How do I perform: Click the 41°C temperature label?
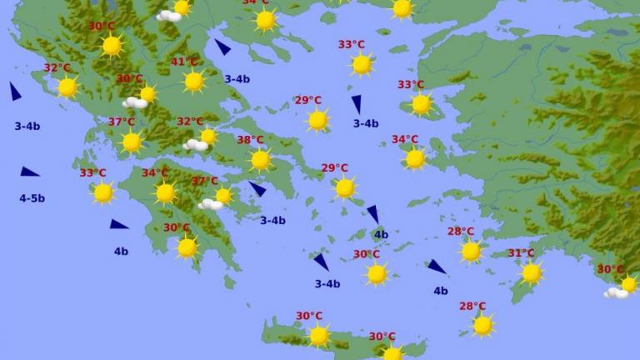click(x=184, y=62)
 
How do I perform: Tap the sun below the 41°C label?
click(x=194, y=81)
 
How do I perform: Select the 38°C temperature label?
click(x=250, y=140)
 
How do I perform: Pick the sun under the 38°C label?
click(x=261, y=159)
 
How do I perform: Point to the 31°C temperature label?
click(x=521, y=253)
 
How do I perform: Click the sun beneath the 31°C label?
click(x=531, y=272)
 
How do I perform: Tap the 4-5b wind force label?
click(x=32, y=198)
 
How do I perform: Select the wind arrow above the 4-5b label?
click(x=29, y=172)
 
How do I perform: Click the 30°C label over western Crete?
click(x=308, y=316)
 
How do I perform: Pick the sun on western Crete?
click(x=319, y=335)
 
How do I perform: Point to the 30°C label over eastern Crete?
click(x=382, y=337)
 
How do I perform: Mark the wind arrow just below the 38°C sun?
click(x=257, y=189)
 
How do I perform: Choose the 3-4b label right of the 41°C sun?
click(x=237, y=79)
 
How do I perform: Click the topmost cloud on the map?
click(x=168, y=15)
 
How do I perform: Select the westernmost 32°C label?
click(x=57, y=68)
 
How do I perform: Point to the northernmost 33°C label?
click(x=351, y=45)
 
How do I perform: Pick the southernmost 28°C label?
click(x=472, y=306)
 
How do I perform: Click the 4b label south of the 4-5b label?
click(x=121, y=251)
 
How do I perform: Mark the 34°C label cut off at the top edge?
click(x=255, y=2)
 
